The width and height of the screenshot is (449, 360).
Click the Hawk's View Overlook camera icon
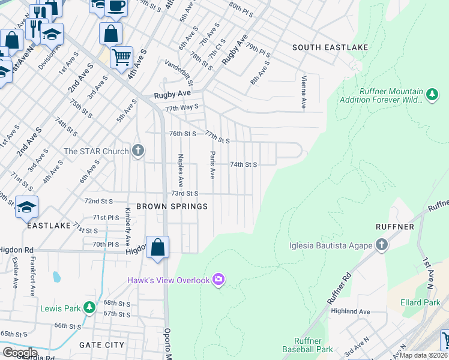pyautogui.click(x=218, y=280)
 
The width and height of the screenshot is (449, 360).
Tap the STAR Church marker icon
pyautogui.click(x=138, y=151)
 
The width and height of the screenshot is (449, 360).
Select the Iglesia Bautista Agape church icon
pyautogui.click(x=381, y=244)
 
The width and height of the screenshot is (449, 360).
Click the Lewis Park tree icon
pyautogui.click(x=89, y=308)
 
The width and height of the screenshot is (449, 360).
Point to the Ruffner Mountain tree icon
pyautogui.click(x=431, y=95)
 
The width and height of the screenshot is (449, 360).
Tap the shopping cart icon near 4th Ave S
pyautogui.click(x=122, y=58)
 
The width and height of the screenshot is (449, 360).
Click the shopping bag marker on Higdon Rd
pyautogui.click(x=157, y=247)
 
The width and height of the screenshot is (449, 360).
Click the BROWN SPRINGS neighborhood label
pyautogui.click(x=172, y=206)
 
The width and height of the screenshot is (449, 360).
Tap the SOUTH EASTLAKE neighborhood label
pyautogui.click(x=330, y=47)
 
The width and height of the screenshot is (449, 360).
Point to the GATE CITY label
pyautogui.click(x=101, y=345)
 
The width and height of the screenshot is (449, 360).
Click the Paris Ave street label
pyautogui.click(x=212, y=165)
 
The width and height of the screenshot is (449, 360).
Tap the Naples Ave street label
pyautogui.click(x=179, y=170)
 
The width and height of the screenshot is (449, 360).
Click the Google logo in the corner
pyautogui.click(x=20, y=353)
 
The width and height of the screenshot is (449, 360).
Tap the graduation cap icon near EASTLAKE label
pyautogui.click(x=27, y=207)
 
